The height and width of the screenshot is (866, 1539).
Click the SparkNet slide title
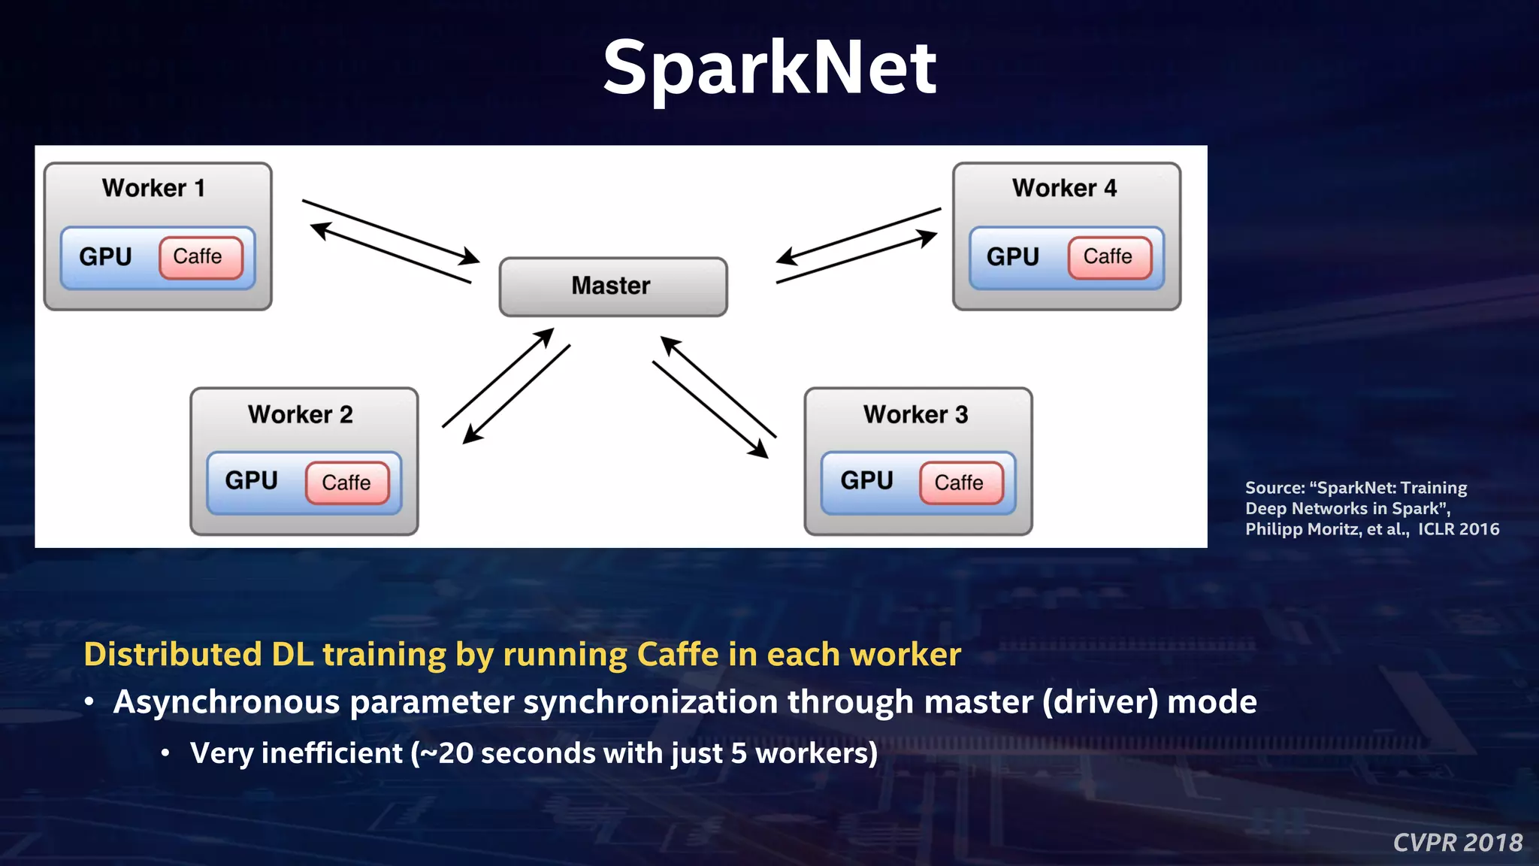click(769, 69)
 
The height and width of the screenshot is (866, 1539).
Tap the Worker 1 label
click(153, 188)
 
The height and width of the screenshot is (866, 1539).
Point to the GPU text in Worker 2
click(251, 480)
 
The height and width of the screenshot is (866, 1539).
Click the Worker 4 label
click(1064, 188)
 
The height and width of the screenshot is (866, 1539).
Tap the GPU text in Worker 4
click(1012, 257)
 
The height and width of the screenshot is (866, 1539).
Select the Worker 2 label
click(300, 414)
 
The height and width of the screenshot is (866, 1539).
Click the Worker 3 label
click(915, 414)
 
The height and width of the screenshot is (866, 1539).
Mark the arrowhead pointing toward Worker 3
click(760, 450)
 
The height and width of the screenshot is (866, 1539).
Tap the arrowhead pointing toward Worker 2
click(470, 435)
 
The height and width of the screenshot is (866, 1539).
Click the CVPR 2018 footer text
click(1457, 843)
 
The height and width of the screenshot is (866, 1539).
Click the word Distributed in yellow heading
click(173, 654)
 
